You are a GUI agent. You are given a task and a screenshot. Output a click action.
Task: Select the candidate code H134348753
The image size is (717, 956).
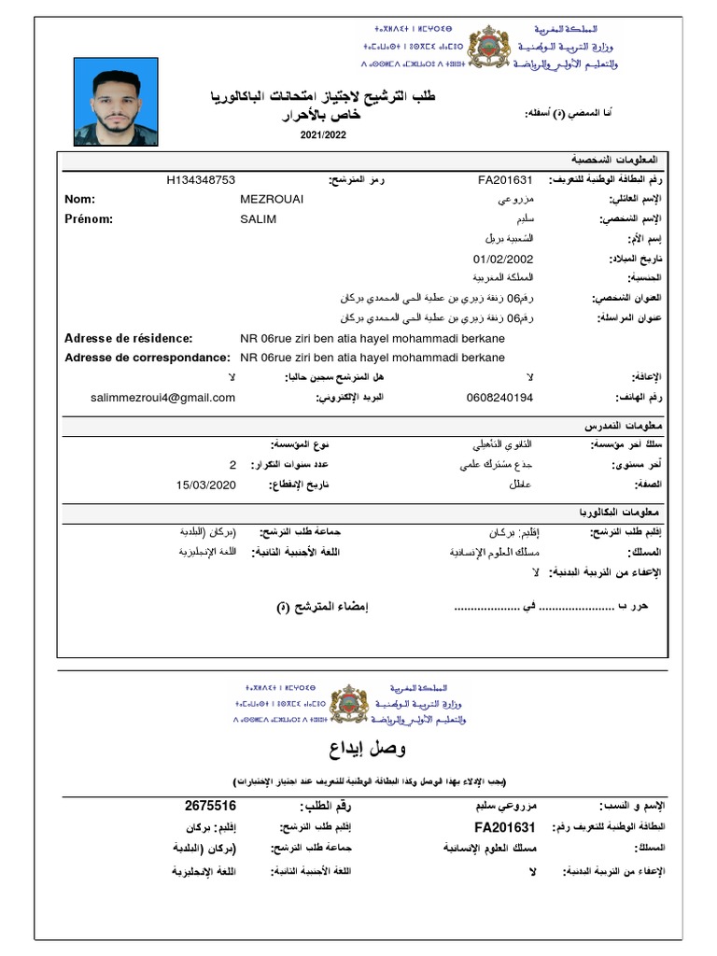pyautogui.click(x=200, y=179)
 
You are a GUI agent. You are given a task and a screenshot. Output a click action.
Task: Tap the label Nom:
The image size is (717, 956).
pyautogui.click(x=80, y=199)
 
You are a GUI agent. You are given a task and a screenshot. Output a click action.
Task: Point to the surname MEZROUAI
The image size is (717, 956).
pyautogui.click(x=272, y=199)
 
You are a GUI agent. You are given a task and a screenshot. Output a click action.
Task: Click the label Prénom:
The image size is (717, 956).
pyautogui.click(x=89, y=218)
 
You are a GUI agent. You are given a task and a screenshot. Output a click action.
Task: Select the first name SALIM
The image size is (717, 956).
pyautogui.click(x=259, y=218)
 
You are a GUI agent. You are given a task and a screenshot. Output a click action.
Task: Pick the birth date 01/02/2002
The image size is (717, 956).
pyautogui.click(x=504, y=259)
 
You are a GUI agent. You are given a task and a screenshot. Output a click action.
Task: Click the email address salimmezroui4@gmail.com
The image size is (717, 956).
pyautogui.click(x=163, y=398)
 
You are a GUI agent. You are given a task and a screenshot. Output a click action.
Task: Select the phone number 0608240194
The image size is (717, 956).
pyautogui.click(x=499, y=398)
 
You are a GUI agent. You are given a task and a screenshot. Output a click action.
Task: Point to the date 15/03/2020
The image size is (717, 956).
pyautogui.click(x=206, y=484)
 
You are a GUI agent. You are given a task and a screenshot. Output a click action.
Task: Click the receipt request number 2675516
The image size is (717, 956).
pyautogui.click(x=210, y=805)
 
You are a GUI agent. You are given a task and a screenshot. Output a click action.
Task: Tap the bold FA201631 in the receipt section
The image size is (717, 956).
pyautogui.click(x=504, y=827)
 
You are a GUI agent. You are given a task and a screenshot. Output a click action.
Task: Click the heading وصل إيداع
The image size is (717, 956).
pyautogui.click(x=358, y=749)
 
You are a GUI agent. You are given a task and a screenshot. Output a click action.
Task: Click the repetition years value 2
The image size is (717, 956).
pyautogui.click(x=233, y=464)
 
